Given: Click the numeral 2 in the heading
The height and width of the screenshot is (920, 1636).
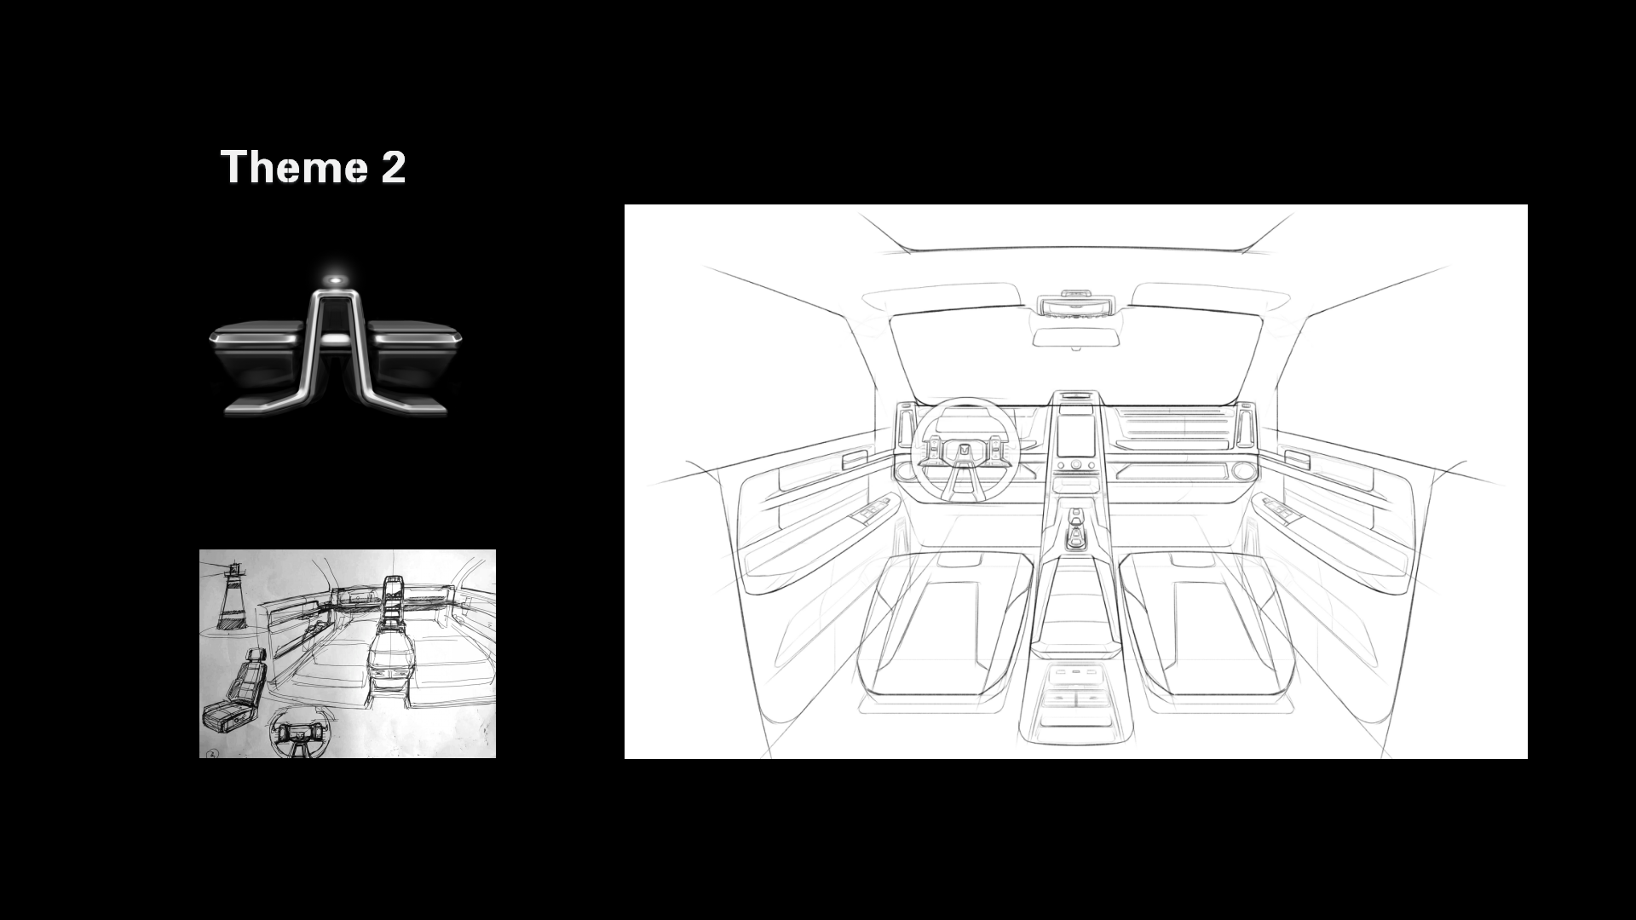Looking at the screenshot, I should tap(393, 167).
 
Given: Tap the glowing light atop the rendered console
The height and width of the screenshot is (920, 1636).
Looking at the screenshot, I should tap(337, 279).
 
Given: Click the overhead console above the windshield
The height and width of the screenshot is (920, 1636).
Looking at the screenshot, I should tap(1075, 304).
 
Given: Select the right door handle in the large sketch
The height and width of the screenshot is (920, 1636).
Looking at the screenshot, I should tap(1297, 460).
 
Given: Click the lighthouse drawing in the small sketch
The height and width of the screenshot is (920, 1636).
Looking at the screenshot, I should tap(231, 596).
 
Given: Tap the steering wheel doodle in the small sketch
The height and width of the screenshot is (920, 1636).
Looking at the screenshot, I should tap(297, 733).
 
